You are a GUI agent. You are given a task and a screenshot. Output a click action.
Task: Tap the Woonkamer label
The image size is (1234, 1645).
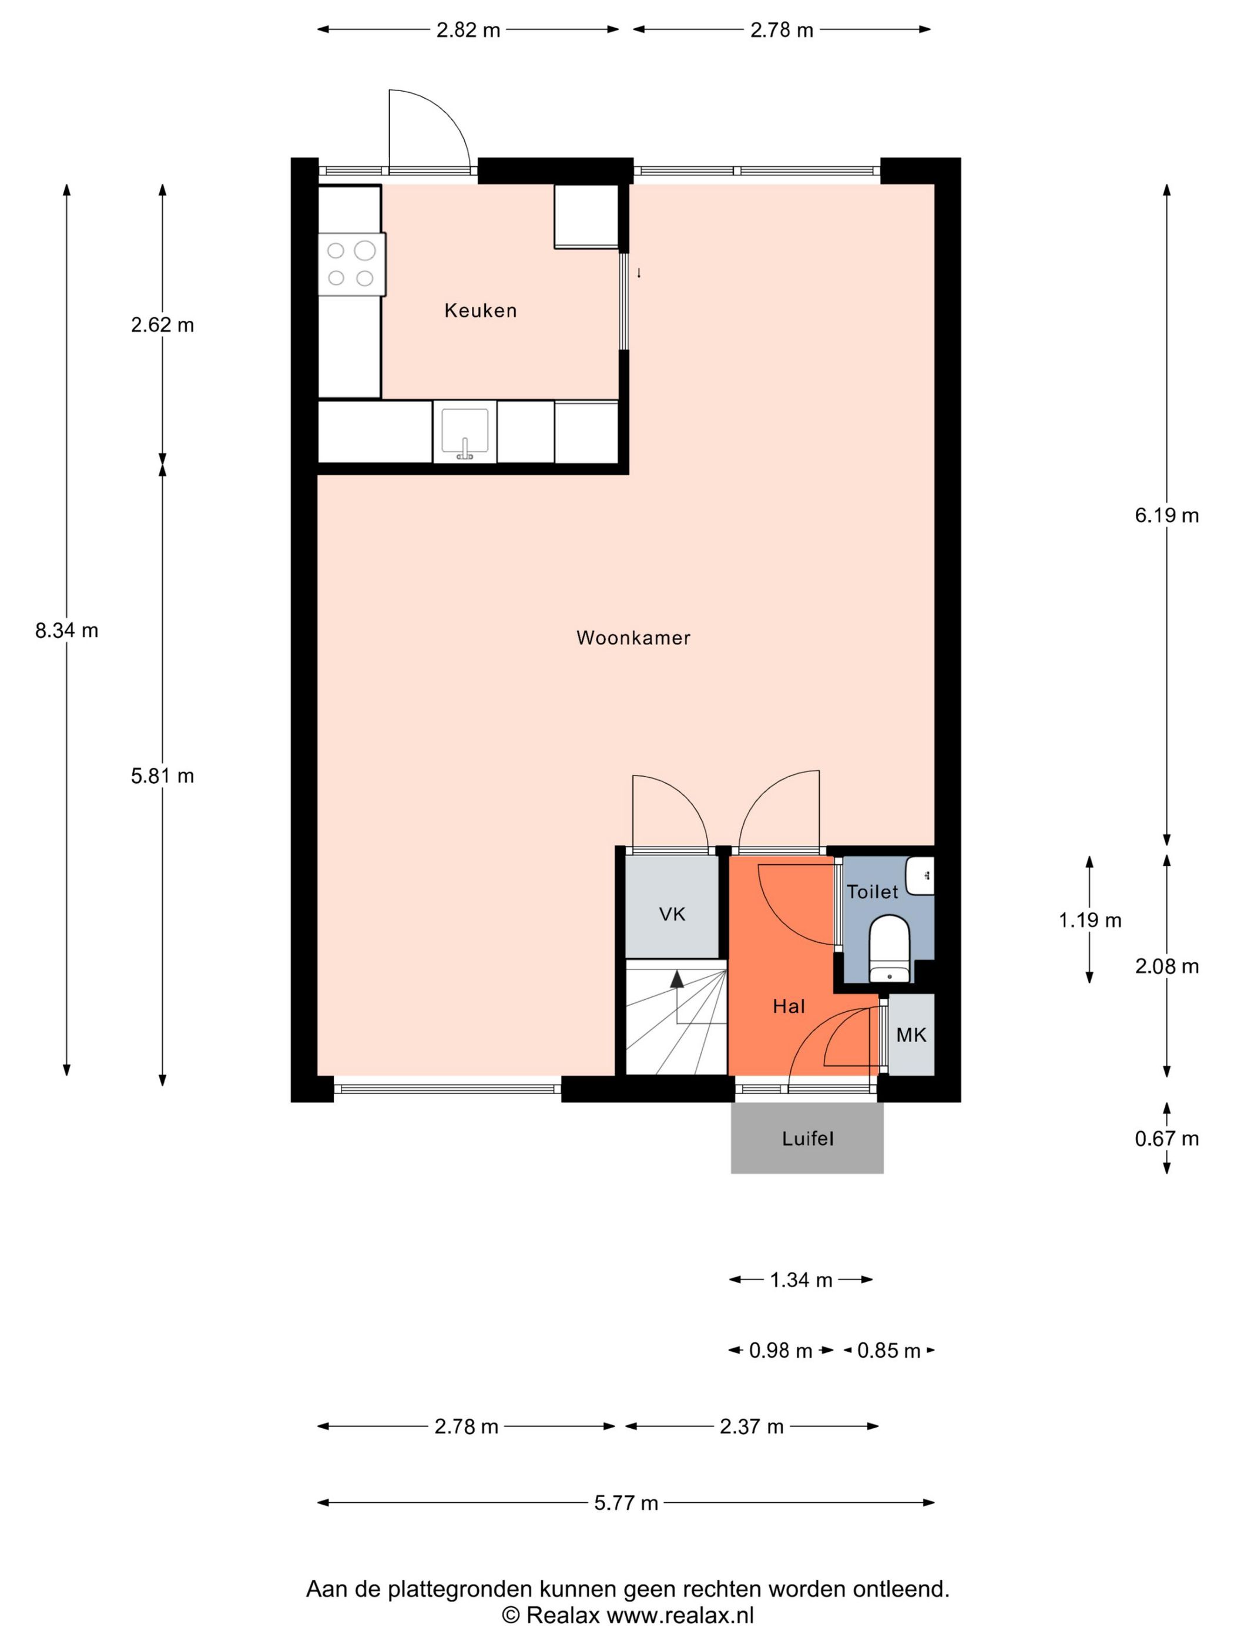tap(633, 637)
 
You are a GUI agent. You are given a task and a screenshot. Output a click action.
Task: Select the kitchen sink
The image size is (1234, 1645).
tap(465, 431)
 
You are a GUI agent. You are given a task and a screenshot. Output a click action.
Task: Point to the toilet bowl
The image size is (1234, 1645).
tap(890, 949)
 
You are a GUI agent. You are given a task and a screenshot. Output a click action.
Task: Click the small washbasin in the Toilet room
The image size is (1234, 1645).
tap(920, 875)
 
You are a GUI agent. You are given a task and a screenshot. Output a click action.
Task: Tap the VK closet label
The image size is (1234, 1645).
tap(672, 914)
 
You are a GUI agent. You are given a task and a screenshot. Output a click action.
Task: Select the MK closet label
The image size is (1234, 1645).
tap(911, 1035)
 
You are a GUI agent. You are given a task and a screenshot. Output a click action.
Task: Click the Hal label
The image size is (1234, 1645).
tap(789, 1006)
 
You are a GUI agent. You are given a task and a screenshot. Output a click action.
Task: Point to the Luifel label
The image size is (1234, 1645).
tap(807, 1138)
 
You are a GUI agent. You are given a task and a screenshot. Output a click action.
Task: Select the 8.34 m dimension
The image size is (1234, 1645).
tap(66, 630)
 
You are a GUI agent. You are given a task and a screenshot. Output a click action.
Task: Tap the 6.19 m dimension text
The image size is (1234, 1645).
tap(1166, 515)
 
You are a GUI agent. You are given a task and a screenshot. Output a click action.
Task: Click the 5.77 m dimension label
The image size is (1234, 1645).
tap(626, 1503)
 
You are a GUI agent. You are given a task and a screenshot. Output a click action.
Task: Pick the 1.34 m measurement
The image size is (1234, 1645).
tap(800, 1280)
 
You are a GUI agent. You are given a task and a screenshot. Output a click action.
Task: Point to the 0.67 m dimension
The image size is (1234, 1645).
tap(1166, 1138)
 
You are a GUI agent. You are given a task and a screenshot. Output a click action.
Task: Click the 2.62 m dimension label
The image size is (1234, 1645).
tap(162, 325)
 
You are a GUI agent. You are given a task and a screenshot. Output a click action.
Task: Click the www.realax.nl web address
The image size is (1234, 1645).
tap(680, 1614)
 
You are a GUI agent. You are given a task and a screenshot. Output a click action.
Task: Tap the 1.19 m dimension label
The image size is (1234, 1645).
tap(1089, 921)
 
